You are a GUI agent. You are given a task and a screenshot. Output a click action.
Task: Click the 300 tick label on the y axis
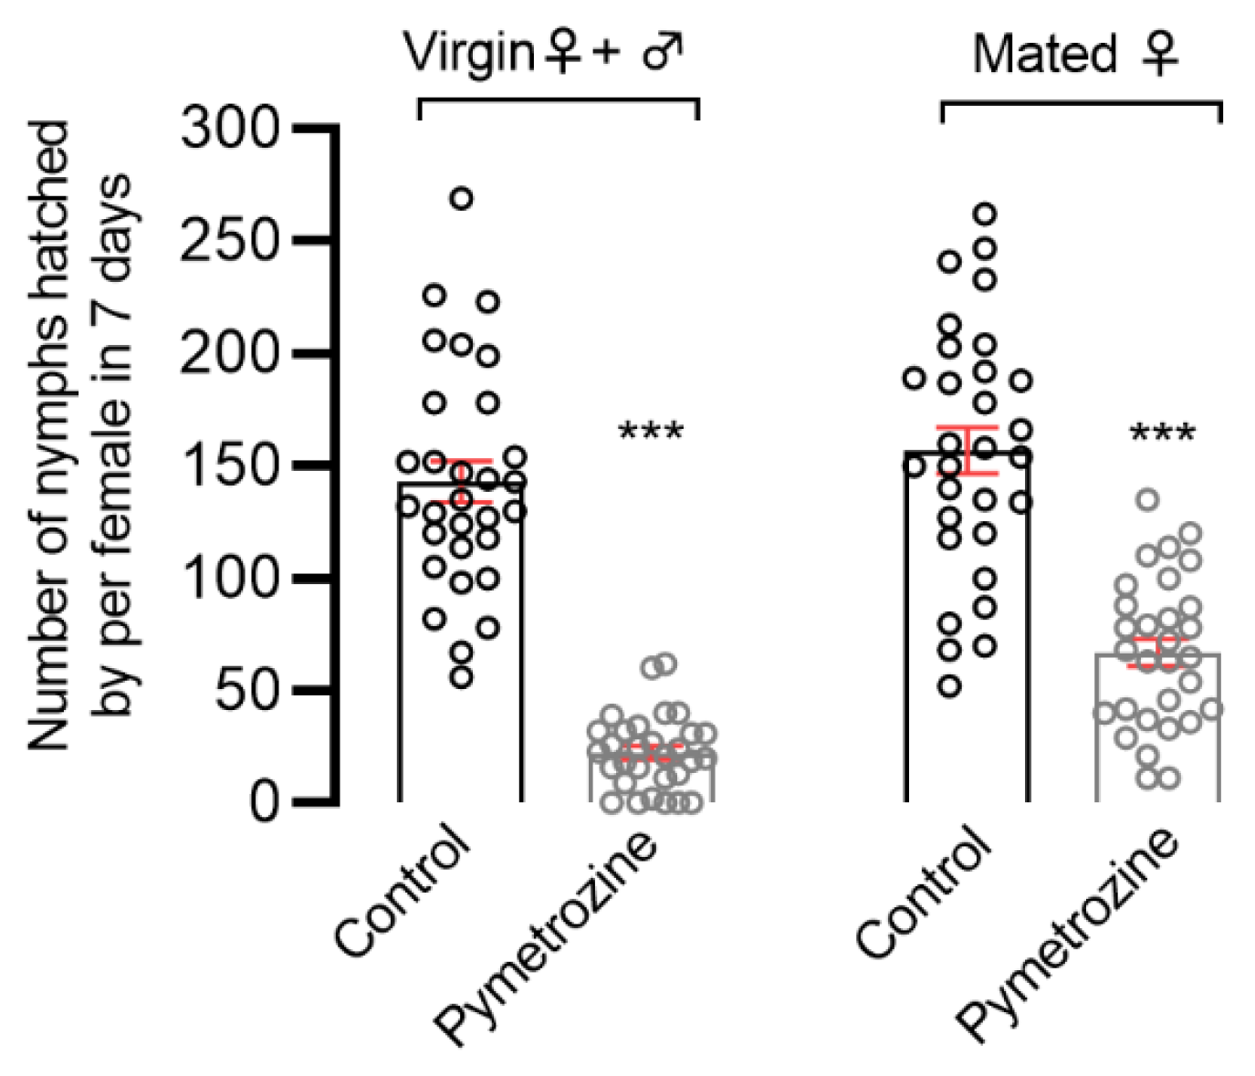[230, 129]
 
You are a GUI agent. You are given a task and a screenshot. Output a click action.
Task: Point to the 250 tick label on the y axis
[230, 241]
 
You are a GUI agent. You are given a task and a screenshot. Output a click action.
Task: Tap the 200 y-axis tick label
[230, 353]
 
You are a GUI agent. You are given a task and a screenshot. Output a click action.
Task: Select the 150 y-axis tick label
[230, 465]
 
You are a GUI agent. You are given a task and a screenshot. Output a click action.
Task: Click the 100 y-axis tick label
[230, 578]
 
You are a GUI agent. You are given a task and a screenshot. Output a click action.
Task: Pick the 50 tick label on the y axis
[246, 691]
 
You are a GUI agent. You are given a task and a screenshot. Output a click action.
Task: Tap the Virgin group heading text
[544, 53]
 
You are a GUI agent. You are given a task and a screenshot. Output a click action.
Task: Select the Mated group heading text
[1075, 55]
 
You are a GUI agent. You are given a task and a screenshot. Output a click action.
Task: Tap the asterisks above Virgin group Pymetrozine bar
[651, 432]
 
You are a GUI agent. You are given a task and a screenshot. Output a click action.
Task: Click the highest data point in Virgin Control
[462, 199]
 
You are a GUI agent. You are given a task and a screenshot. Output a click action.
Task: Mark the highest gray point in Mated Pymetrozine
[1148, 499]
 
